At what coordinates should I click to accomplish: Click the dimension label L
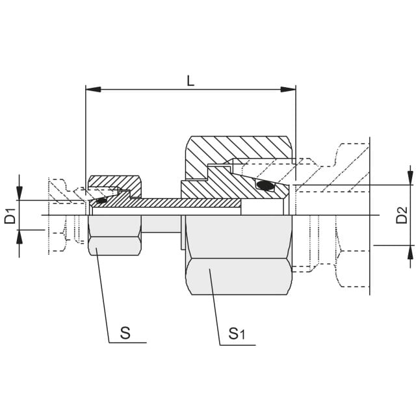click(x=190, y=81)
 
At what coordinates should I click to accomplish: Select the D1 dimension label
click(x=10, y=216)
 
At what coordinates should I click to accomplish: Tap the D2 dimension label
click(x=402, y=215)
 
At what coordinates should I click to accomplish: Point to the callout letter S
click(x=125, y=333)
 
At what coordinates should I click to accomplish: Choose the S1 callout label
click(x=237, y=333)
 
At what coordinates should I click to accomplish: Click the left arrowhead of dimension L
click(x=93, y=90)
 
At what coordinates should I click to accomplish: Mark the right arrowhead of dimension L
click(x=288, y=90)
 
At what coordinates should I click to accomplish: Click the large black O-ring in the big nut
click(x=265, y=185)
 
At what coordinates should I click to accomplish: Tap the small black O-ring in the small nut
click(x=101, y=200)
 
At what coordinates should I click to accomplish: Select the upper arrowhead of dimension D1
click(x=19, y=193)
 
